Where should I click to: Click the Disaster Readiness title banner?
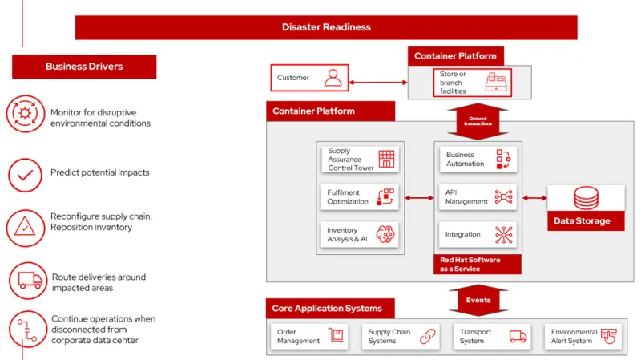coord(326,27)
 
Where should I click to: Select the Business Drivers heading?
coord(84,67)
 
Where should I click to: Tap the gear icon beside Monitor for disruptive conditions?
coord(25,114)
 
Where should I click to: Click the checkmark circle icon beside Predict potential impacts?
coord(25,173)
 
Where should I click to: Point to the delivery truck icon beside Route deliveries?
coord(29,280)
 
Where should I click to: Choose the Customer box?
coord(309,79)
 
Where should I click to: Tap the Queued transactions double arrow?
coord(478,121)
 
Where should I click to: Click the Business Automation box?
coord(478,160)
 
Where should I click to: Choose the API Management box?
coord(478,197)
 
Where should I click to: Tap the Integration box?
coord(478,235)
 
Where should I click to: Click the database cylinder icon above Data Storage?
coord(586,197)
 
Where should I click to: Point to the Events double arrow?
coord(478,300)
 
